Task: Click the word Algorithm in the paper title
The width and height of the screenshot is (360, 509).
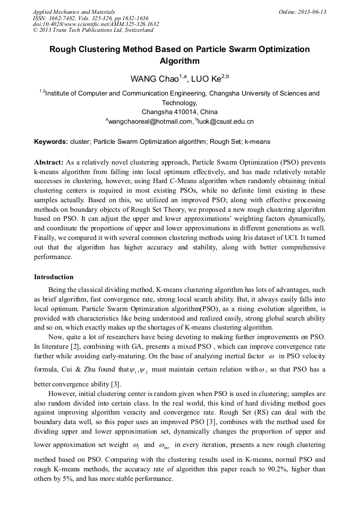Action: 179,61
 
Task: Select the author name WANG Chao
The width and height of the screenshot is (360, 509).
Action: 155,79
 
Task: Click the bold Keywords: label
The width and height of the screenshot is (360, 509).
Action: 51,142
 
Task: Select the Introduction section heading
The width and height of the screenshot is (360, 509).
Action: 54,277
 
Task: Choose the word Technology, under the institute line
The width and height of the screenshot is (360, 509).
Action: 179,103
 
